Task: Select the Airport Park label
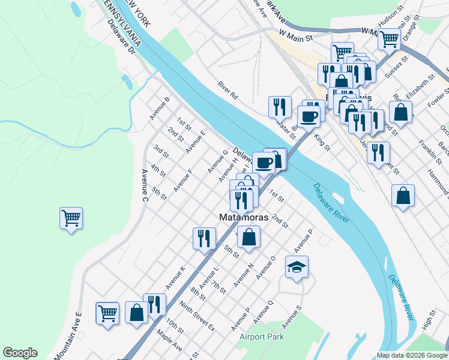(261, 337)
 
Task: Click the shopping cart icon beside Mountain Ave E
(107, 313)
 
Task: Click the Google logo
(20, 353)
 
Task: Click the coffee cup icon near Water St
(309, 116)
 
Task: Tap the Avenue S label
(292, 316)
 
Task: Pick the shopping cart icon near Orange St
(389, 39)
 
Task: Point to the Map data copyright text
(412, 355)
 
